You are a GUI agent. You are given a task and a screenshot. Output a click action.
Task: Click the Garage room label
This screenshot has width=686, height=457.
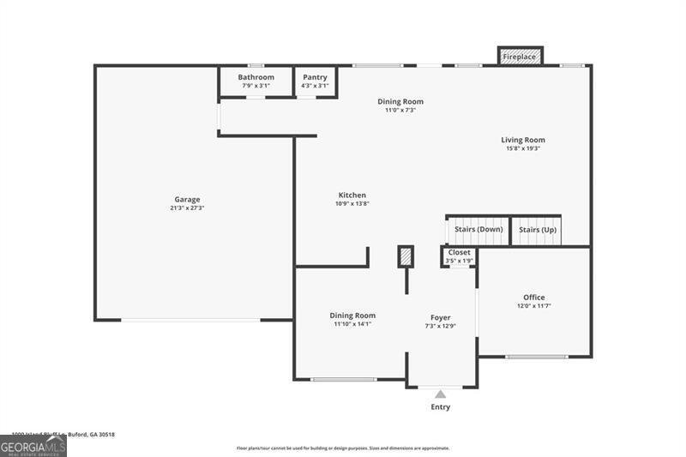(x=187, y=200)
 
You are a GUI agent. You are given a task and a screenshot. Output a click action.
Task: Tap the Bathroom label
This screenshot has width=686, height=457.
(x=256, y=77)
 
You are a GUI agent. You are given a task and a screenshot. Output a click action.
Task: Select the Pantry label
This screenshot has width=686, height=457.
(x=315, y=77)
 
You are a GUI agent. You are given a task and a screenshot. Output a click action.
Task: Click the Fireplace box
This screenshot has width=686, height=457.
(x=520, y=57)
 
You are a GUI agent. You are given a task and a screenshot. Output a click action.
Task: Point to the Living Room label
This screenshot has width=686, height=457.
(x=523, y=140)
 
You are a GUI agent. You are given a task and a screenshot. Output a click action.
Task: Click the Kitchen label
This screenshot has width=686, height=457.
(x=352, y=195)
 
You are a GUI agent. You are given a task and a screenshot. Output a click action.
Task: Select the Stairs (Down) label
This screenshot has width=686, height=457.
(x=478, y=230)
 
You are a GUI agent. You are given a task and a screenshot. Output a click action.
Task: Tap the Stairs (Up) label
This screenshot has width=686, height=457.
(x=538, y=230)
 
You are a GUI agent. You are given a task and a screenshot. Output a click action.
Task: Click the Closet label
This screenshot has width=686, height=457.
(x=459, y=253)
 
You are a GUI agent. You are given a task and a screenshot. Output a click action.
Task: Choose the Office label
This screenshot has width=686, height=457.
(x=533, y=298)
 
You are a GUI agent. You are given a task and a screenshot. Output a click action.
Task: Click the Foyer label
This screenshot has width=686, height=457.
(x=440, y=317)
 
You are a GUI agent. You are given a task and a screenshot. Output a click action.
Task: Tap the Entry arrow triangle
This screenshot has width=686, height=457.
(x=440, y=394)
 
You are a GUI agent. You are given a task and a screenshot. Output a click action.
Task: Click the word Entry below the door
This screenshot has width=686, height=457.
(x=440, y=407)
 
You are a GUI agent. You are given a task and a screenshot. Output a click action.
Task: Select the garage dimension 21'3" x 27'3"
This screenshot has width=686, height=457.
(x=187, y=208)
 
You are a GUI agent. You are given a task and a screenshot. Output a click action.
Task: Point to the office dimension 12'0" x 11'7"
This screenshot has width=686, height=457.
(x=533, y=306)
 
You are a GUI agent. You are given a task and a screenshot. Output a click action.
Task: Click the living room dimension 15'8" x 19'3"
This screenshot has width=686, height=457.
(x=523, y=148)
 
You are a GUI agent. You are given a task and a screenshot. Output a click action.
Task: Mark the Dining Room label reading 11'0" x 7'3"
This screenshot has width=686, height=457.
(x=400, y=101)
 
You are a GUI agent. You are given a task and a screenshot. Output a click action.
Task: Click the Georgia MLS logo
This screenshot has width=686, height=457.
(x=33, y=447)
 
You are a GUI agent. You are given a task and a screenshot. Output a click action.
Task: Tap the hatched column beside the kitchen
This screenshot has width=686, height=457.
(x=406, y=256)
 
